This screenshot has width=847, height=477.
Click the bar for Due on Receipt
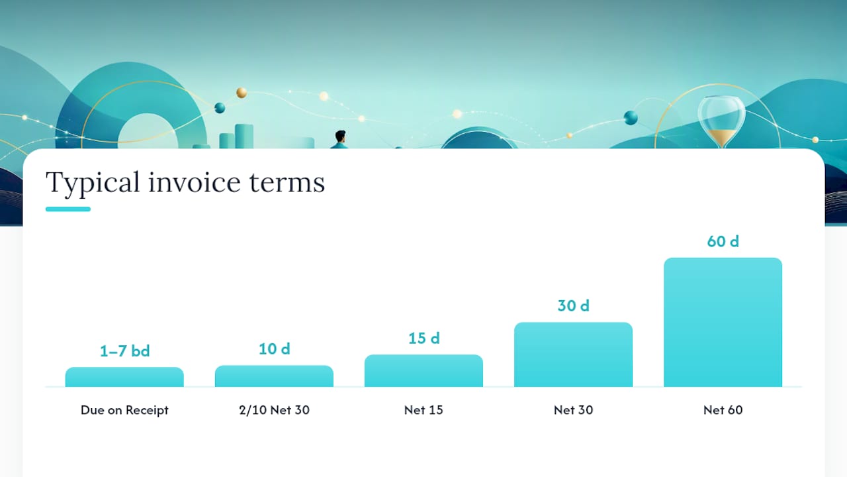124,377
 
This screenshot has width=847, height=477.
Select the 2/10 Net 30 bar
274,376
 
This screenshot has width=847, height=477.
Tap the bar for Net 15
423,370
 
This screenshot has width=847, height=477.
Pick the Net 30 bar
573,354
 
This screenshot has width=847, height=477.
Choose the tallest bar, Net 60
723,322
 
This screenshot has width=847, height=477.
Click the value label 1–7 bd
125,351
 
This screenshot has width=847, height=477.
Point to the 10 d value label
275,348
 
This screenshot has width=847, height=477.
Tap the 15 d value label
424,338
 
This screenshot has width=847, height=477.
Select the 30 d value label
574,305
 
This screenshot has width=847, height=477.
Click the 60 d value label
723,241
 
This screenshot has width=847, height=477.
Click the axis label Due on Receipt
124,410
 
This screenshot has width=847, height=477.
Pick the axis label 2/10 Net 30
274,410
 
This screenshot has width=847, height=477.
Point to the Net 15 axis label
423,410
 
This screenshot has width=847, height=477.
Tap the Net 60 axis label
723,410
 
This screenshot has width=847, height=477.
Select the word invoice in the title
195,182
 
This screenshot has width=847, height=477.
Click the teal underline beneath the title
68,209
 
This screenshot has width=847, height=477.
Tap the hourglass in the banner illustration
721,122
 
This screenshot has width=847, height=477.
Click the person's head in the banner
340,136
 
